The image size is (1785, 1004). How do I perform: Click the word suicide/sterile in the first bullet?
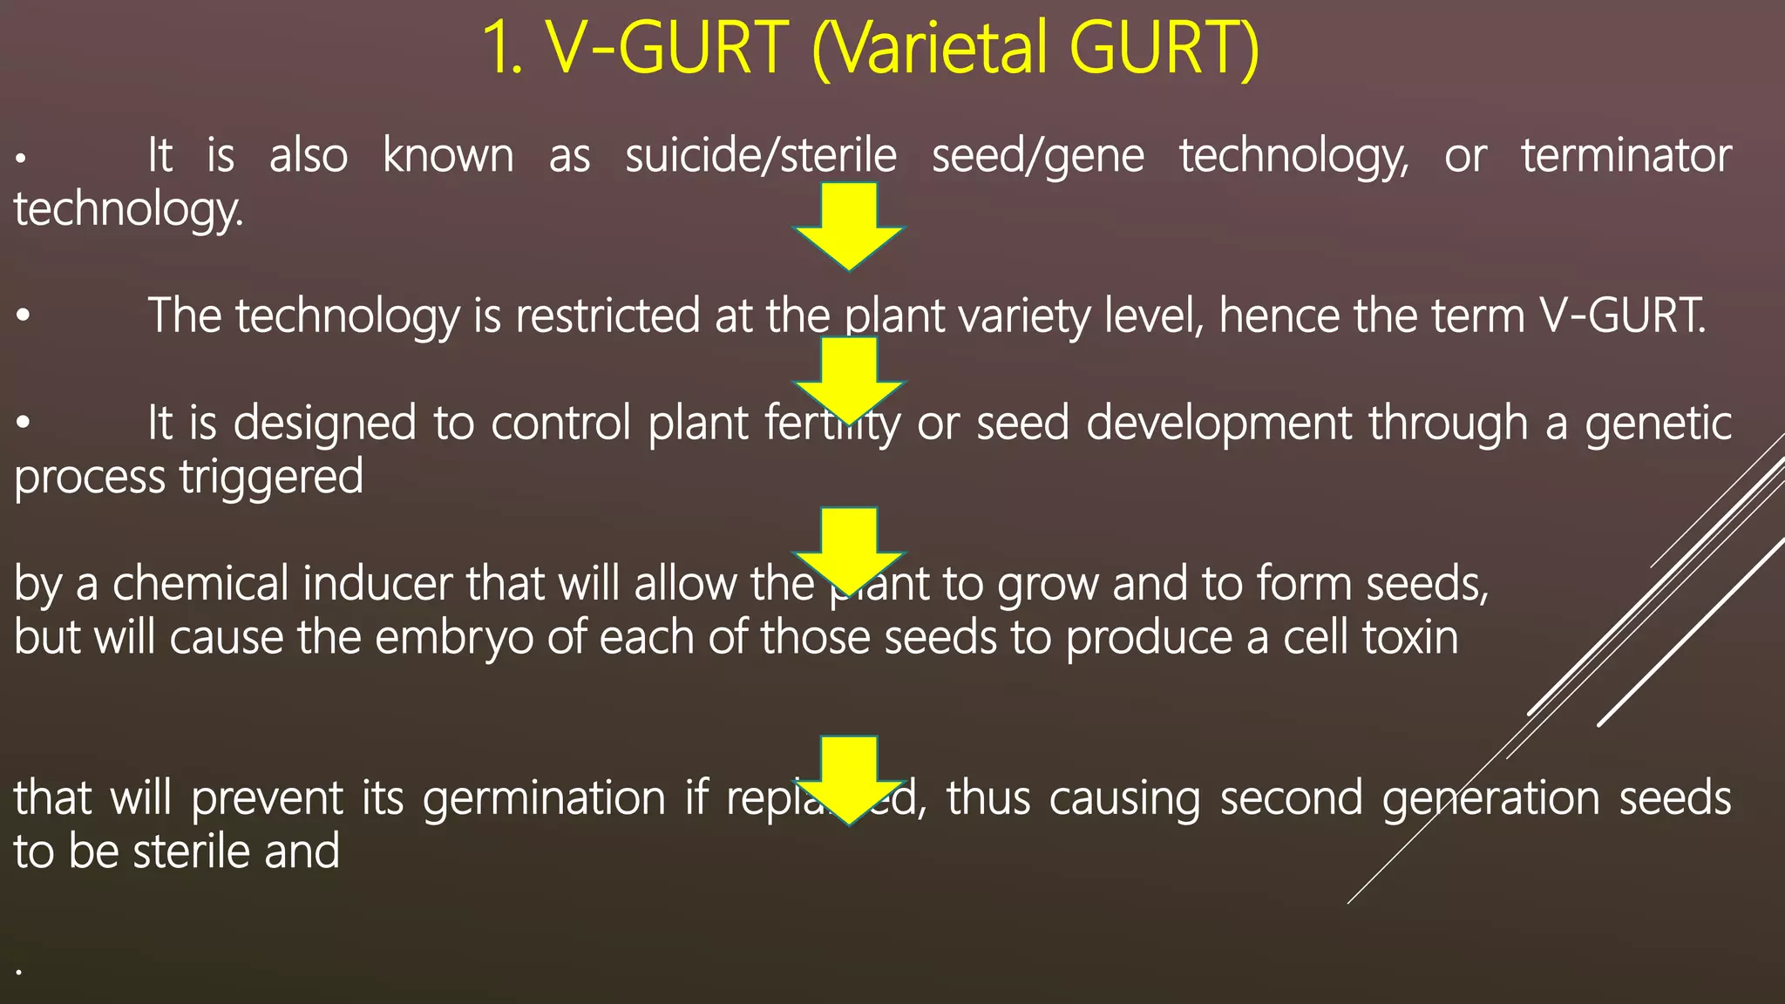761,156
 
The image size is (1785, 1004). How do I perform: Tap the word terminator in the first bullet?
1626,156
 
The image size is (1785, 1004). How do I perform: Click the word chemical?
200,584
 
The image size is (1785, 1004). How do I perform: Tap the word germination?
545,799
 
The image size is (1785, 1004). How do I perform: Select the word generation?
1491,799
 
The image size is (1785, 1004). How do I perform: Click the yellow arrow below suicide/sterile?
848,225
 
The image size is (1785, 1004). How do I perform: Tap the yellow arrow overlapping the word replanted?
848,778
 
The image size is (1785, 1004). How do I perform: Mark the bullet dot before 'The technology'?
24,317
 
